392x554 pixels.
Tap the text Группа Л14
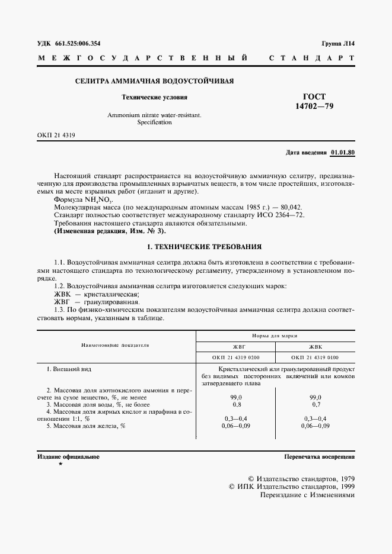point(338,44)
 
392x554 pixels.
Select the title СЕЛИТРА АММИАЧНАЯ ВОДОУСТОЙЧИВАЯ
point(154,80)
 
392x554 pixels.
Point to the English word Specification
point(154,123)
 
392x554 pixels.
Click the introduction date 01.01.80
point(342,152)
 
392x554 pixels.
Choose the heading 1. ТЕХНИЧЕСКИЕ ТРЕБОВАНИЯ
point(196,246)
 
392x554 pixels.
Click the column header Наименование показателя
point(115,344)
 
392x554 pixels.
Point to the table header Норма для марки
point(275,335)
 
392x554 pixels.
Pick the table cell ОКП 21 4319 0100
point(315,357)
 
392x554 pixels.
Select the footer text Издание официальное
point(68,457)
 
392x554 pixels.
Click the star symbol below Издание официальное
point(60,465)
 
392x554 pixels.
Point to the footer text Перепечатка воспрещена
point(319,457)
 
